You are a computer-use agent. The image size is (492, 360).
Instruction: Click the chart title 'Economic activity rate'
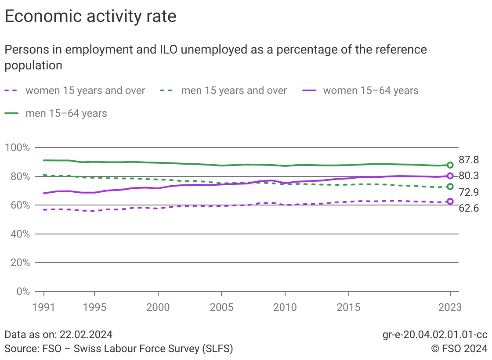click(90, 17)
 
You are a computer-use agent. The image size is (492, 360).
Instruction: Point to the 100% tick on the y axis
click(17, 148)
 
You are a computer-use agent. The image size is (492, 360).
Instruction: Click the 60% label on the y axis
click(17, 205)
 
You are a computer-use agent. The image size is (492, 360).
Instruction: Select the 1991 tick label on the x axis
click(44, 307)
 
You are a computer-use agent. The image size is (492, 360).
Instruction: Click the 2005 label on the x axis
click(221, 307)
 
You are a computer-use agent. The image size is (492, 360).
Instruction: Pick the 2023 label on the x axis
click(449, 307)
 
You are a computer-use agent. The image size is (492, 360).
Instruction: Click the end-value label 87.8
click(469, 160)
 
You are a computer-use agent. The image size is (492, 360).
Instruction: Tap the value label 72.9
click(469, 192)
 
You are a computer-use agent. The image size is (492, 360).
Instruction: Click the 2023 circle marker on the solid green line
click(450, 165)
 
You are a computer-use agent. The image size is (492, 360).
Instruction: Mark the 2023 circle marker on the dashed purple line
click(450, 202)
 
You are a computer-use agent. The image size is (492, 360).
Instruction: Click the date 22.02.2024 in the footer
click(85, 335)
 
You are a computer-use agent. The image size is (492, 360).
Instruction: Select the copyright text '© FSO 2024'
click(459, 349)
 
